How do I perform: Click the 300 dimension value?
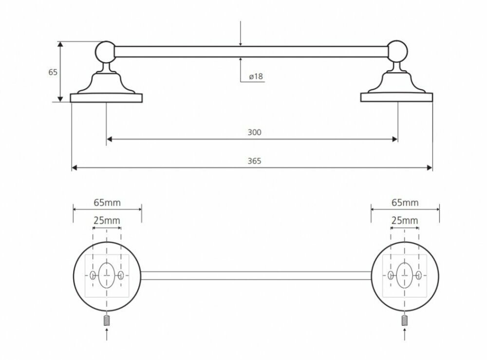pyautogui.click(x=255, y=132)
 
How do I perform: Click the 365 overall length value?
pyautogui.click(x=255, y=161)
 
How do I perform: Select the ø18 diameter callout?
pyautogui.click(x=256, y=76)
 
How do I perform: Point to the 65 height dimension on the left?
pyautogui.click(x=53, y=72)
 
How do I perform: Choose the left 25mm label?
pyautogui.click(x=107, y=221)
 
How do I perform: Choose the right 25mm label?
pyautogui.click(x=404, y=221)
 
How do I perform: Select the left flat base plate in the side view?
pyautogui.click(x=106, y=98)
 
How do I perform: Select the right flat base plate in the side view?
pyautogui.click(x=396, y=98)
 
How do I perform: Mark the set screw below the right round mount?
pyautogui.click(x=404, y=321)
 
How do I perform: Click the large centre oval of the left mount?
pyautogui.click(x=107, y=276)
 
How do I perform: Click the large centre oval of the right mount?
pyautogui.click(x=404, y=276)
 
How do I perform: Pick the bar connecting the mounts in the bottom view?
pyautogui.click(x=256, y=276)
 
